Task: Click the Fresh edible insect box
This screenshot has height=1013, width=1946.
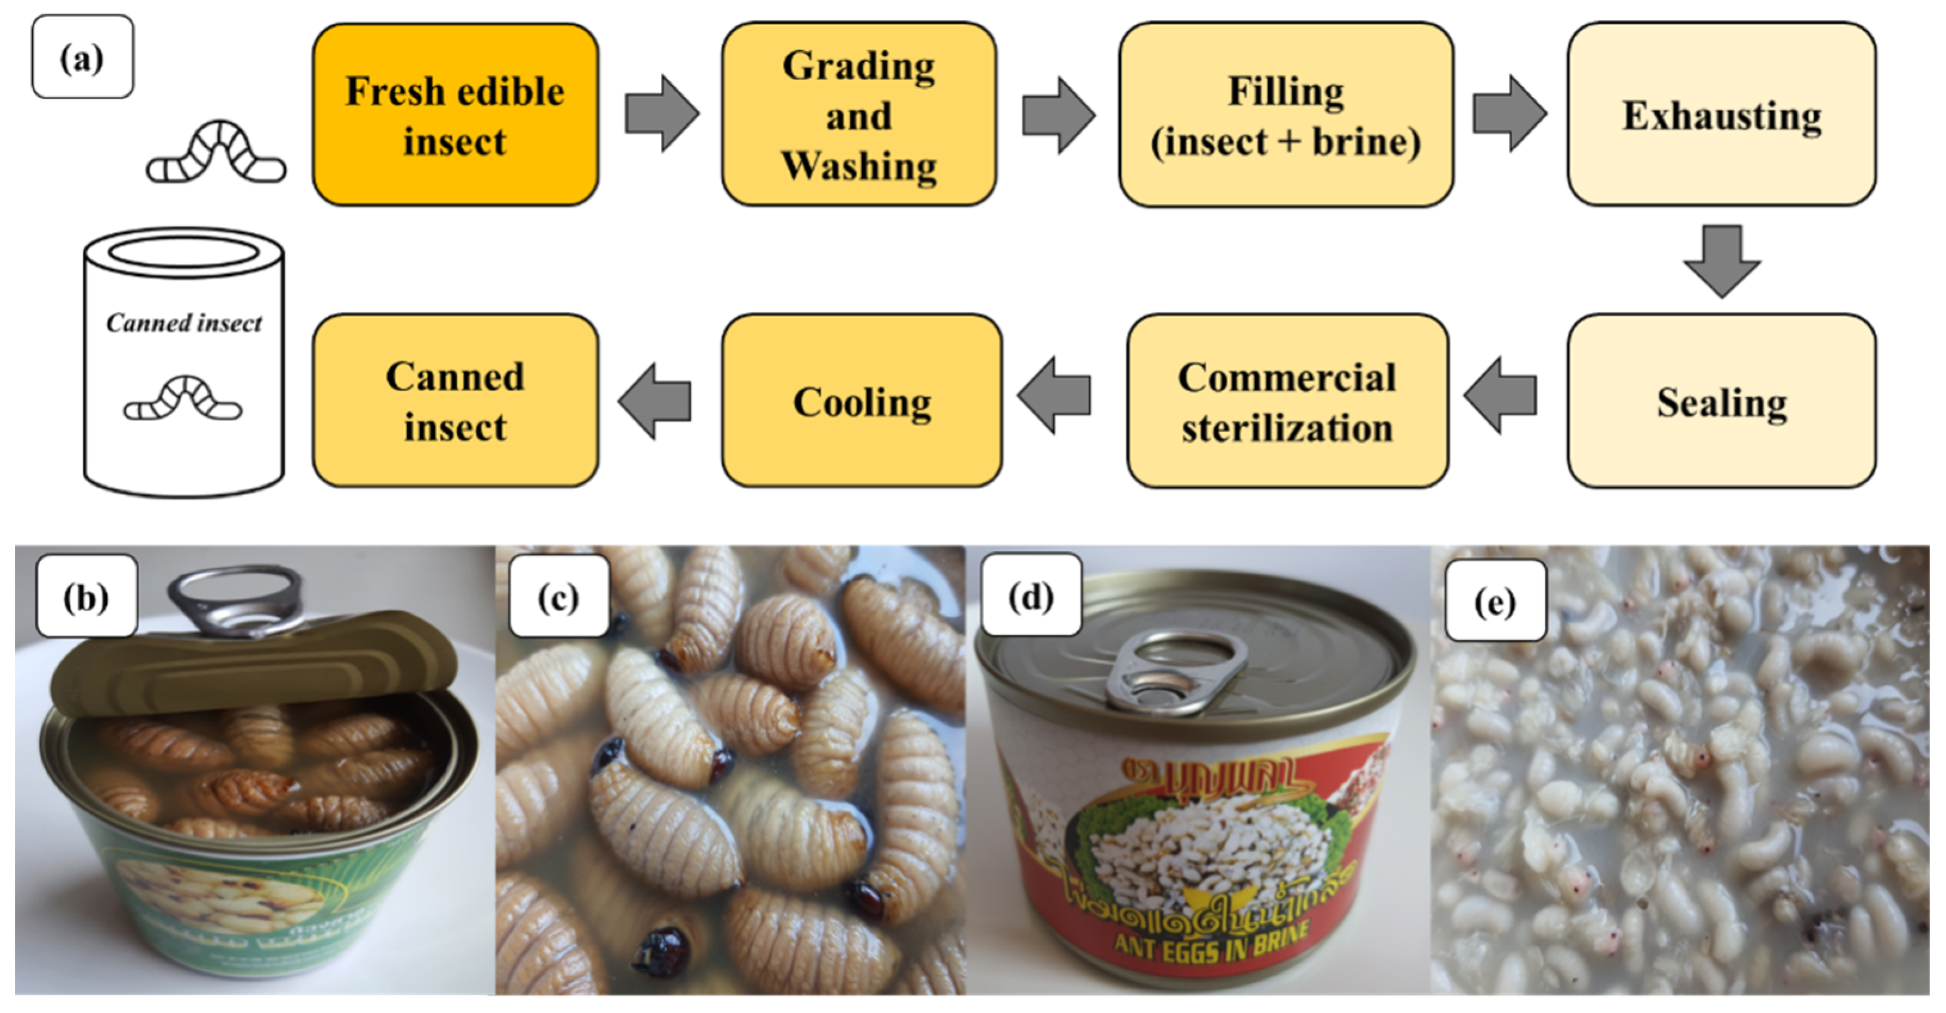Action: point(455,115)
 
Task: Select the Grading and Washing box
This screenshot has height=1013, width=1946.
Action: point(858,115)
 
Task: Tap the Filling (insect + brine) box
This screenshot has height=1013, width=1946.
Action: point(1285,115)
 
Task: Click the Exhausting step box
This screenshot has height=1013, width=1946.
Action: point(1721,115)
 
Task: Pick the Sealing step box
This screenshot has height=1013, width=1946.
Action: point(1721,401)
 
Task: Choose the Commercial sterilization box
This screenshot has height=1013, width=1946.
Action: point(1287,401)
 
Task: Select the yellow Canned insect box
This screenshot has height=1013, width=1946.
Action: point(455,401)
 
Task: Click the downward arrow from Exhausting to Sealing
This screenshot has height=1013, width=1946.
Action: point(1721,260)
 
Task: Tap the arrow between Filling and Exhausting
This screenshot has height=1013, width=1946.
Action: point(1508,113)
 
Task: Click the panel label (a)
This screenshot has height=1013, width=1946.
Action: point(82,57)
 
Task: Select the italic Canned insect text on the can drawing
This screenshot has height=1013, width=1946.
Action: point(183,323)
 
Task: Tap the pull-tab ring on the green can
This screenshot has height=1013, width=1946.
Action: point(234,597)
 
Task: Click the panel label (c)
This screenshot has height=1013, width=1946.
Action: point(558,597)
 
